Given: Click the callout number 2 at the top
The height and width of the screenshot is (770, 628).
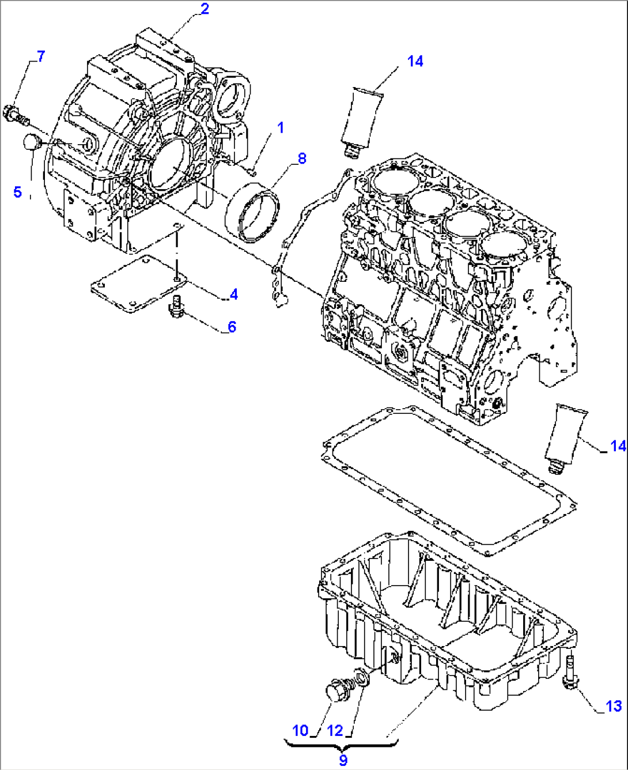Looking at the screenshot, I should click(205, 9).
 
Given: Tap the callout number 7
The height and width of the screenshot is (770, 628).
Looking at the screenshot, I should click(40, 56).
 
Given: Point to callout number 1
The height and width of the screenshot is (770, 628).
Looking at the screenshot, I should click(281, 127).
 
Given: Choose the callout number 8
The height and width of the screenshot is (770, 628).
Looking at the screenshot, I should click(302, 158).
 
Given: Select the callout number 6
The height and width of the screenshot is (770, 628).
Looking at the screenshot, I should click(232, 327).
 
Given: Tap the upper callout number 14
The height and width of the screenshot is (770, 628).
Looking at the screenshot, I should click(415, 61).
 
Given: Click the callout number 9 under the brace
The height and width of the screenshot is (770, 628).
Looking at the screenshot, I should click(343, 760).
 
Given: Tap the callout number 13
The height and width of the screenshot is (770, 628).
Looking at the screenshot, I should click(614, 706).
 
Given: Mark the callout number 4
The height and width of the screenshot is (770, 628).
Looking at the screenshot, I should click(233, 295).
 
